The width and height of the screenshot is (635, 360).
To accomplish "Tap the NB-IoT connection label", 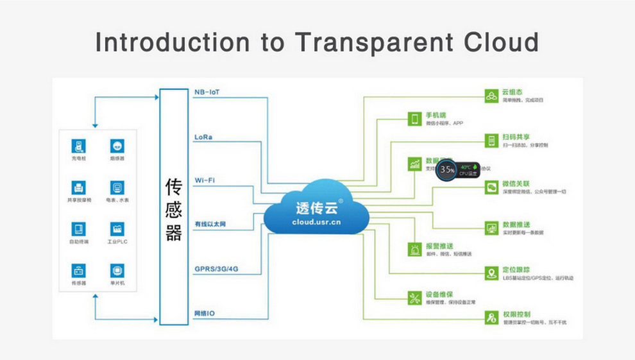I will (x=208, y=92).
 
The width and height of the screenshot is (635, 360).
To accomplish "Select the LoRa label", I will (x=203, y=137).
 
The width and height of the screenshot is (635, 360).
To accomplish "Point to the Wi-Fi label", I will (x=205, y=180).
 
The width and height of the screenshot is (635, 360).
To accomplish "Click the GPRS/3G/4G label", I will (x=216, y=269).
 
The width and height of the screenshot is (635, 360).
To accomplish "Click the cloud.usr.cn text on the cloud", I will (x=317, y=221).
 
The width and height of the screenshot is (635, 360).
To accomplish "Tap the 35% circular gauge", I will (x=447, y=171).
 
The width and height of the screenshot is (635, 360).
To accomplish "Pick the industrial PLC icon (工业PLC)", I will (x=117, y=230).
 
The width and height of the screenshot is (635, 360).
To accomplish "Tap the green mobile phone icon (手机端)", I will (x=415, y=119).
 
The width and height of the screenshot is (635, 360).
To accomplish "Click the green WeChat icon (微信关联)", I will (x=491, y=187).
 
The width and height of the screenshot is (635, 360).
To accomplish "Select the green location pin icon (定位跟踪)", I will (x=491, y=273).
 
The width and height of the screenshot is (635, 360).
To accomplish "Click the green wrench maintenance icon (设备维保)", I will (x=415, y=297).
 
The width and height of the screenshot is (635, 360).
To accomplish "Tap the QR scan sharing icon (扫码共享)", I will (x=491, y=141).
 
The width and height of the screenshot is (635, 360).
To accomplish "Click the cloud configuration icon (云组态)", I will (x=491, y=96).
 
